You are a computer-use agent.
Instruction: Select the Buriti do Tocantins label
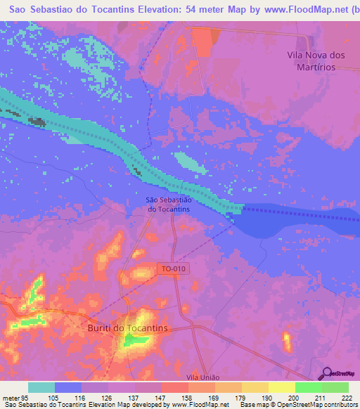[x=127, y=328]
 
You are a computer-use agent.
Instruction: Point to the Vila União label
[x=201, y=377]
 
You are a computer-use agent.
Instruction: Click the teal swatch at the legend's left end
[x=41, y=387]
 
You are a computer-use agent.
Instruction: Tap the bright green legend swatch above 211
[x=308, y=387]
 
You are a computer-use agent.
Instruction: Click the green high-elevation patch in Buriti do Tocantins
[x=134, y=341]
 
